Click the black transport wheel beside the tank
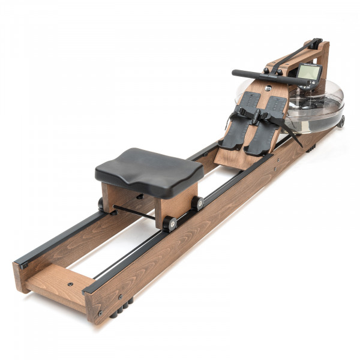[341, 121]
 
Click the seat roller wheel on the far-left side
[101, 204]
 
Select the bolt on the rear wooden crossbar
[71, 284]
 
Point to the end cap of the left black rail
[23, 264]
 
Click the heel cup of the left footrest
[228, 143]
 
